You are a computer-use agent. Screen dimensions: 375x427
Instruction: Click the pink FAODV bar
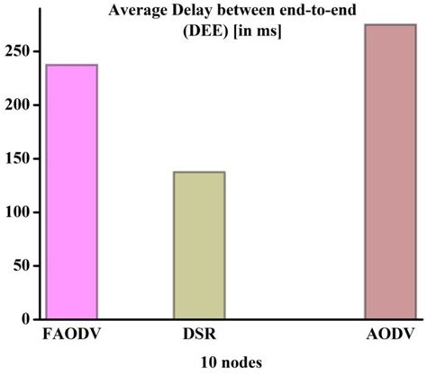71,192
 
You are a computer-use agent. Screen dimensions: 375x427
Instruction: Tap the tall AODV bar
389,172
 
